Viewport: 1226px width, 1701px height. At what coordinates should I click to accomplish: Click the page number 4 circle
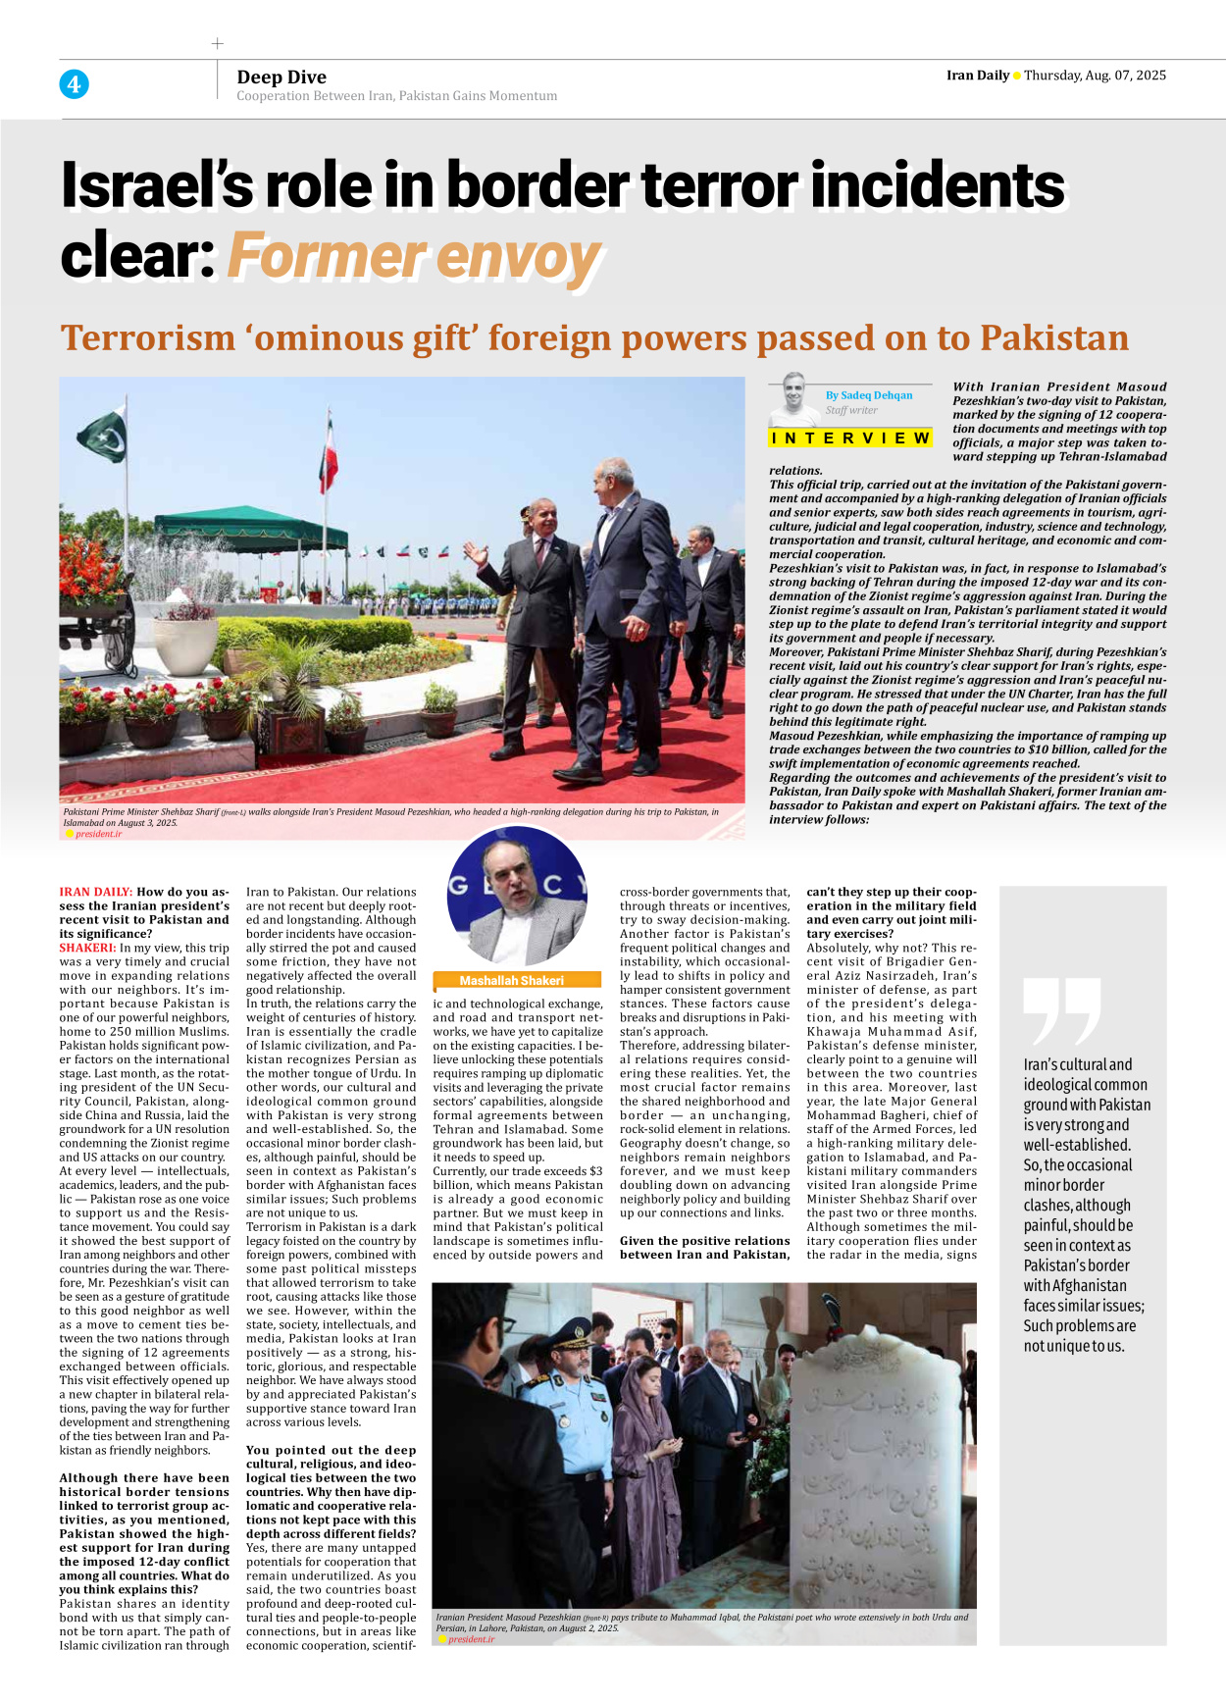pyautogui.click(x=74, y=84)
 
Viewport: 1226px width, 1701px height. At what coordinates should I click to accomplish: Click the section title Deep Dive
pyautogui.click(x=281, y=77)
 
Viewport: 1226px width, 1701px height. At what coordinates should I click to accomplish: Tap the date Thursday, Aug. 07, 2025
pyautogui.click(x=1095, y=76)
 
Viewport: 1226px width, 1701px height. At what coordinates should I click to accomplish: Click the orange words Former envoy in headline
pyautogui.click(x=414, y=257)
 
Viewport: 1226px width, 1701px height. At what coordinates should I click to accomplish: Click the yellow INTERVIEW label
pyautogui.click(x=850, y=438)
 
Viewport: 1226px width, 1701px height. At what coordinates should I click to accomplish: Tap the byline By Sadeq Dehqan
pyautogui.click(x=868, y=395)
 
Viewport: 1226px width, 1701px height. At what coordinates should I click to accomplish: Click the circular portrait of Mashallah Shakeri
pyautogui.click(x=517, y=896)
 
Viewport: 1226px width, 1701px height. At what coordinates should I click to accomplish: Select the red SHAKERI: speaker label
pyautogui.click(x=87, y=949)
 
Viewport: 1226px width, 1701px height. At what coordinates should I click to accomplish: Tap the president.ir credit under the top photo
pyautogui.click(x=98, y=834)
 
